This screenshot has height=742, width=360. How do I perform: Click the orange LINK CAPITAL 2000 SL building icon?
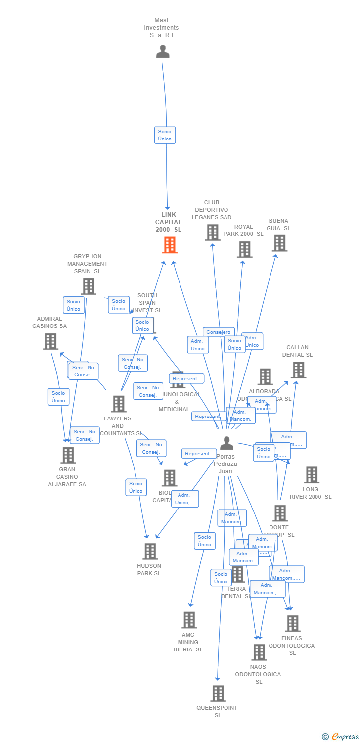click(x=170, y=245)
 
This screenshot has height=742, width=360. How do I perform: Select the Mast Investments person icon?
click(x=163, y=51)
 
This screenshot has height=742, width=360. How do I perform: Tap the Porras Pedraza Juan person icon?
click(x=226, y=443)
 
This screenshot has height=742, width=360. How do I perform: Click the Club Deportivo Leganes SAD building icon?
click(x=213, y=232)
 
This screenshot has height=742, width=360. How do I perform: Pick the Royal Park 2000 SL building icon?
click(x=244, y=249)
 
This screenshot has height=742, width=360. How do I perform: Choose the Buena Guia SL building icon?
click(x=280, y=243)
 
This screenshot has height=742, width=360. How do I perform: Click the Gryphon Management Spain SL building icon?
click(x=88, y=286)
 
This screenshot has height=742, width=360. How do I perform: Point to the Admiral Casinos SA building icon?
click(x=50, y=341)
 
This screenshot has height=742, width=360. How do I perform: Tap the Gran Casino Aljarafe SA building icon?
click(x=68, y=455)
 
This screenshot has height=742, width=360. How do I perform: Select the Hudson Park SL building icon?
click(x=150, y=551)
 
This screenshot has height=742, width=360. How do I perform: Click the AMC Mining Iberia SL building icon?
click(x=189, y=620)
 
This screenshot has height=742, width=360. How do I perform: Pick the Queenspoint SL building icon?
click(x=218, y=694)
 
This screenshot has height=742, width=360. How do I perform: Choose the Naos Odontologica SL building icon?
click(x=259, y=652)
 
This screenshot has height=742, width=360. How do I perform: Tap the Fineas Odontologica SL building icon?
click(x=293, y=624)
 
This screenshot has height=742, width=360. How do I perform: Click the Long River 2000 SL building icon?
click(x=311, y=475)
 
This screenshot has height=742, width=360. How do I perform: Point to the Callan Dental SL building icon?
click(x=298, y=370)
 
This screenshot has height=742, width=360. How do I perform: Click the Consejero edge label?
click(x=219, y=332)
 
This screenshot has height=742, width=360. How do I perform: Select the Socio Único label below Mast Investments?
click(x=165, y=135)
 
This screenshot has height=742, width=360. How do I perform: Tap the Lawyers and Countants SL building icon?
click(x=118, y=404)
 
